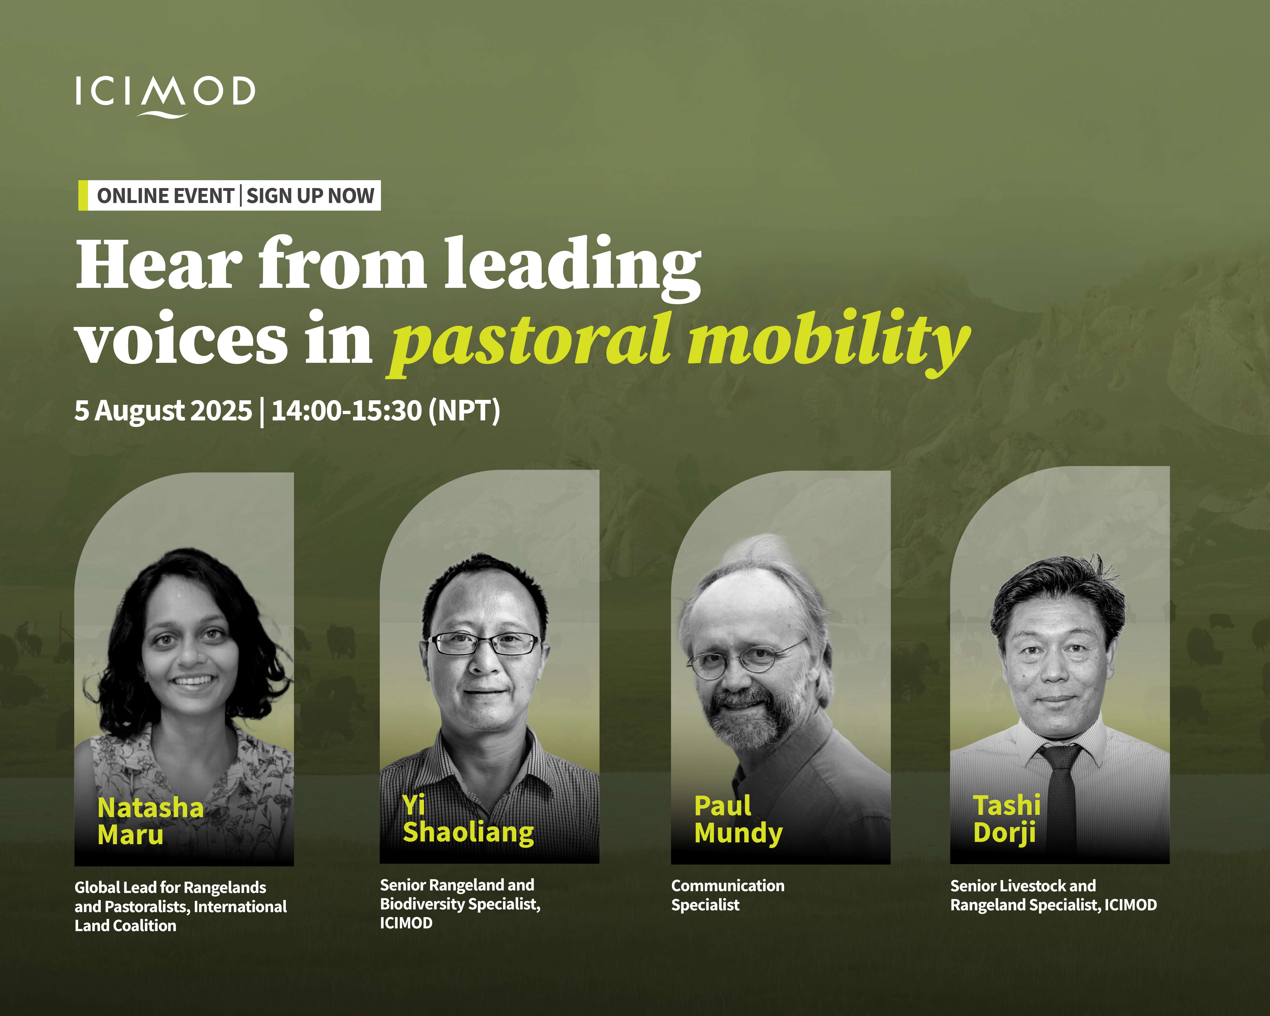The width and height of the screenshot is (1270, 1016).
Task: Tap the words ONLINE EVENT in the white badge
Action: click(165, 196)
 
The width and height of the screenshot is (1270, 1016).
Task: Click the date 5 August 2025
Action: click(163, 410)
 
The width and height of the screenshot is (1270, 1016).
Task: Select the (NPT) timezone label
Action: click(464, 410)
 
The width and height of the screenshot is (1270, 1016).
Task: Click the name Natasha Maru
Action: click(151, 821)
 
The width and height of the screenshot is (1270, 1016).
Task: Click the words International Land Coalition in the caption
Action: click(181, 916)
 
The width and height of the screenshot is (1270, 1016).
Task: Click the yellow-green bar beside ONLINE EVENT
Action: click(83, 196)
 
